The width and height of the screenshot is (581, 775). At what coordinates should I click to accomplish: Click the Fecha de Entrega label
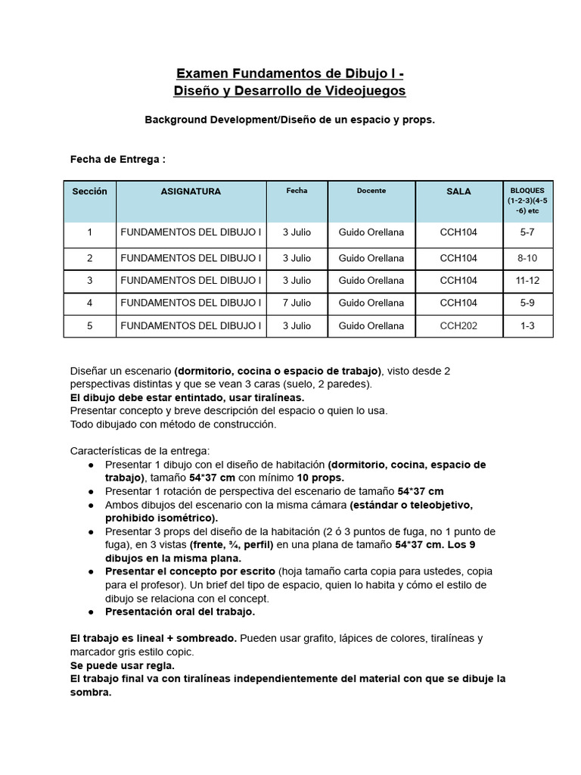[x=117, y=160]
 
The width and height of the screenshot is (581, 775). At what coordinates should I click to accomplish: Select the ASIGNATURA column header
[x=191, y=191]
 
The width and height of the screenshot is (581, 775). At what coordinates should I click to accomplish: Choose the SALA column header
[x=458, y=191]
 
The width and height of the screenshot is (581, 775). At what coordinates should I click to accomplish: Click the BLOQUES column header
[x=528, y=201]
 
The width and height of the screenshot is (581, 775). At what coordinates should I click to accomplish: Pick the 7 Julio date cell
[x=297, y=303]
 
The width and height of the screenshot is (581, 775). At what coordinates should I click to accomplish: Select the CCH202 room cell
[x=458, y=325]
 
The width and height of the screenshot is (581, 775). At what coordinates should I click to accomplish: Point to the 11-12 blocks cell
[x=527, y=280]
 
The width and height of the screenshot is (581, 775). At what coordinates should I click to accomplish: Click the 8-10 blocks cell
[x=527, y=258]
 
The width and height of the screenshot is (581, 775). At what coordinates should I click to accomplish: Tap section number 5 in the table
[x=89, y=325]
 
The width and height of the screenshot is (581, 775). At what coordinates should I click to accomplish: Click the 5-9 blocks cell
[x=527, y=303]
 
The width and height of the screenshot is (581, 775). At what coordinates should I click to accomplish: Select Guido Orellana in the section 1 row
[x=371, y=232]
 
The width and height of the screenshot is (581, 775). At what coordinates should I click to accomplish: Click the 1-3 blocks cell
[x=527, y=325]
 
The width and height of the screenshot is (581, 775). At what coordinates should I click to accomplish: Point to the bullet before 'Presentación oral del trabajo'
[x=92, y=612]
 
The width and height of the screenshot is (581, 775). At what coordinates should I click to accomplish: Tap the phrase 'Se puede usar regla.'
[x=123, y=665]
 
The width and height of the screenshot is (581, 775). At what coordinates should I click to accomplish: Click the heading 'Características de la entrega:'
[x=140, y=450]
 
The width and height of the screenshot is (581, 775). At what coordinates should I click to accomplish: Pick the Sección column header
[x=89, y=191]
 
